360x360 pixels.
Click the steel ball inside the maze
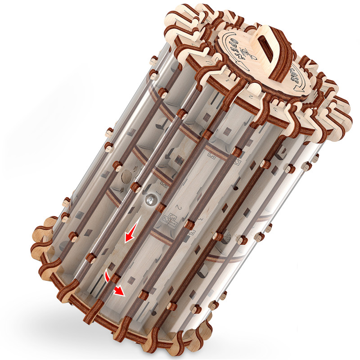(x=149, y=198)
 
